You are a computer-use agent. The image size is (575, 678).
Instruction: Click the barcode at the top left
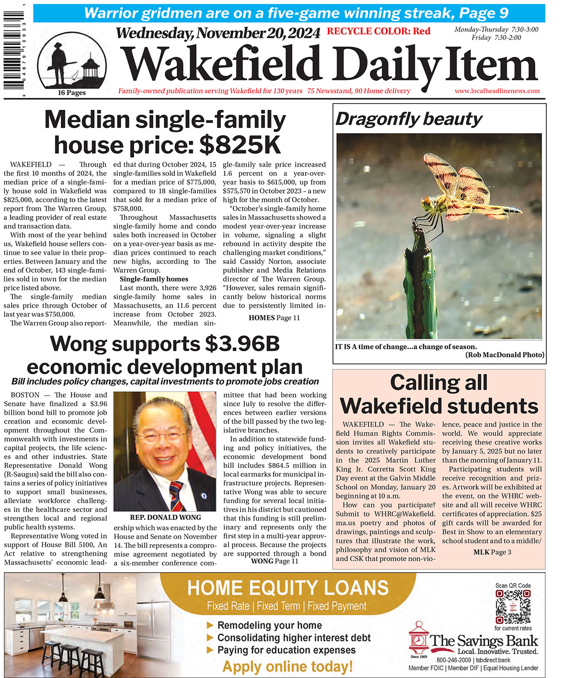(x=13, y=48)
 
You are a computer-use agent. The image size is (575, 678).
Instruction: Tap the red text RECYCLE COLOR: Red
(x=378, y=32)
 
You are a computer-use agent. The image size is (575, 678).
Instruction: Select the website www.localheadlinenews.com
(x=497, y=91)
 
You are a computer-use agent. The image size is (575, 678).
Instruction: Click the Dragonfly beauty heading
(x=409, y=119)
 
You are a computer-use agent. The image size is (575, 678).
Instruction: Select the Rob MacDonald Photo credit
(x=504, y=355)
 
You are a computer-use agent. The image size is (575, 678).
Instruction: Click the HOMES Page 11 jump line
(x=274, y=318)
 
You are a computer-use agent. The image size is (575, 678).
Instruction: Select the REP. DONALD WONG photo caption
(x=165, y=517)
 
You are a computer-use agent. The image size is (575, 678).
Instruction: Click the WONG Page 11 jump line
(x=274, y=561)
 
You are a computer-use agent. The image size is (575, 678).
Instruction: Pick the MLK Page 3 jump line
(x=492, y=552)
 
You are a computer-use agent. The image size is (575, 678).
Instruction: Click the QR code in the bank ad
(x=513, y=606)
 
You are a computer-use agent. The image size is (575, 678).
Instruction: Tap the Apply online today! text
(x=287, y=667)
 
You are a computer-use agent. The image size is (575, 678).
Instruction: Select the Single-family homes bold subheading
(x=154, y=279)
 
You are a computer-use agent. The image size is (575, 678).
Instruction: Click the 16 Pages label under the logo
(x=72, y=93)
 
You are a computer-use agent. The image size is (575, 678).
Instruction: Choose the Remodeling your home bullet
(x=269, y=625)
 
